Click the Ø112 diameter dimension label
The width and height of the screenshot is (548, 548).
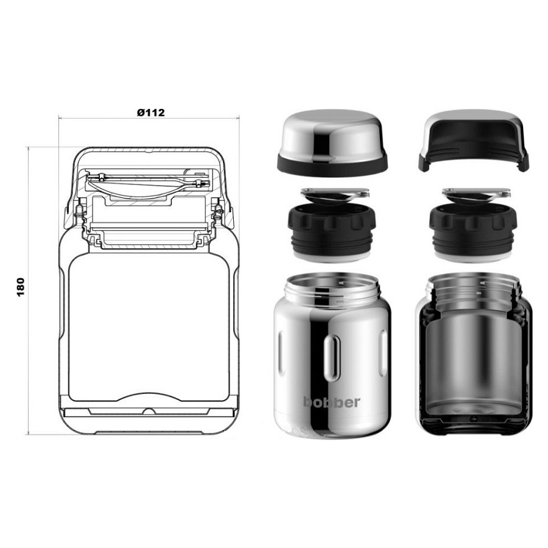click(x=150, y=113)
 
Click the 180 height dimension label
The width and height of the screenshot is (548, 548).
click(x=21, y=287)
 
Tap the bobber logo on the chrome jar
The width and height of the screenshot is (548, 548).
click(x=331, y=402)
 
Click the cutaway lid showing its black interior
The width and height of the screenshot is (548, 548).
click(x=474, y=141)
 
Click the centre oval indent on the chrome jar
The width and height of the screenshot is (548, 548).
click(x=332, y=358)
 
